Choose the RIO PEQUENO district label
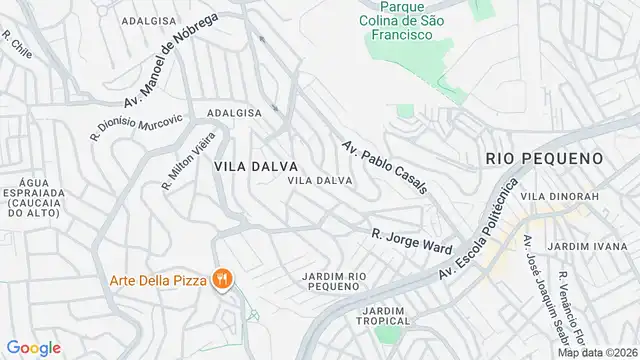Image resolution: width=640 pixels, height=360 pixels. (544, 158)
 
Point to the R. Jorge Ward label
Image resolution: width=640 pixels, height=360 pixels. (412, 241)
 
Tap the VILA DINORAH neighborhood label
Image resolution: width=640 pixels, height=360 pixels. (566, 197)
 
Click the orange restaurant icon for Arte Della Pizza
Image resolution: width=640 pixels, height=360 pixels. (224, 277)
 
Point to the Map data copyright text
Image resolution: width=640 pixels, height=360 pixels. (597, 352)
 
